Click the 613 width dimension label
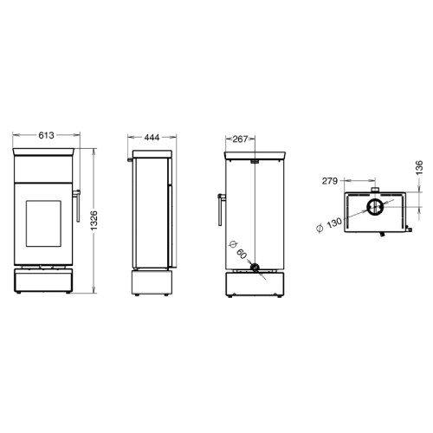click(46, 135)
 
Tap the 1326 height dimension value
click(94, 221)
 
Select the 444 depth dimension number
click(152, 138)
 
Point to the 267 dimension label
click(240, 139)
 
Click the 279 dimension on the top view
click(330, 181)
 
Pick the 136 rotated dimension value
click(419, 167)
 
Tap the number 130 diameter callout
click(334, 223)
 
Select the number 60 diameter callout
click(242, 254)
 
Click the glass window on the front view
click(43, 223)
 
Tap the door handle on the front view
click(77, 205)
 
